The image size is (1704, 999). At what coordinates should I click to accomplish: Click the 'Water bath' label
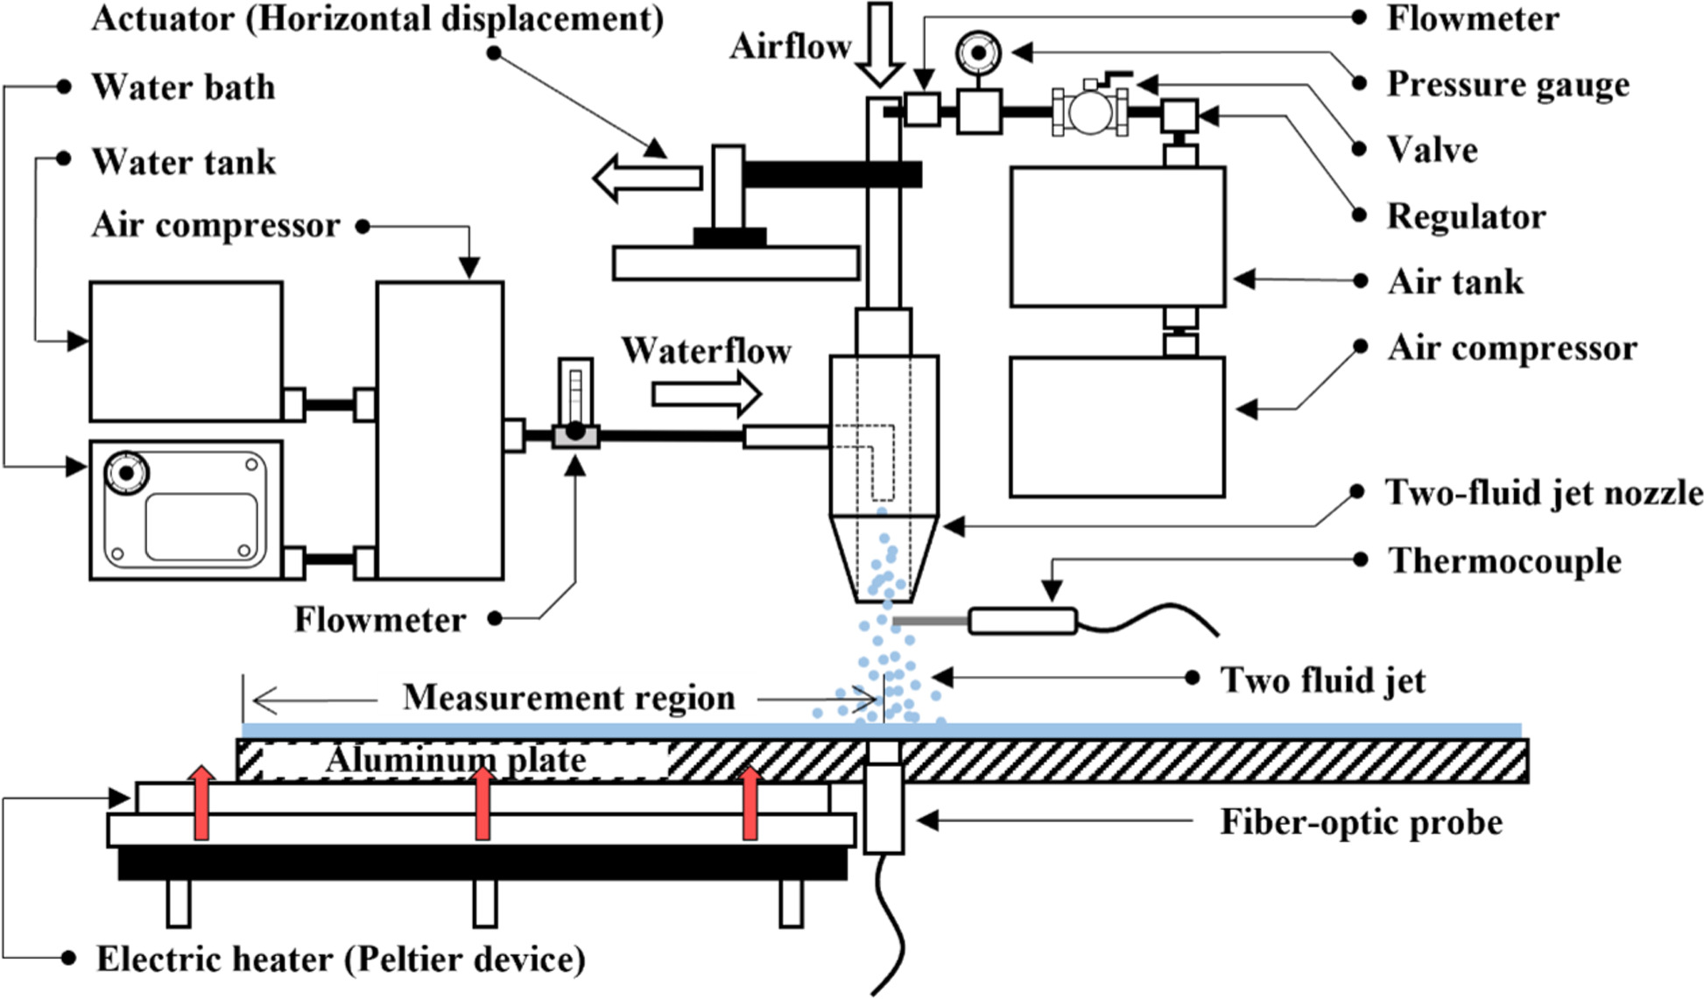[x=183, y=88]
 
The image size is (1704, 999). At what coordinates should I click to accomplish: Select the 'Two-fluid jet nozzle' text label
[x=1543, y=493]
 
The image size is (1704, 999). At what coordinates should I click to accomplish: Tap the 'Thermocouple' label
[x=1504, y=561]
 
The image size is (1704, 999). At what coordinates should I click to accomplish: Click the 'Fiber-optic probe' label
[x=1361, y=822]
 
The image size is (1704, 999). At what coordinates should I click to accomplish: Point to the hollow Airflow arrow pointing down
[x=879, y=44]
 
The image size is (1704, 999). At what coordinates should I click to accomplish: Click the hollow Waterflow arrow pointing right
[x=706, y=394]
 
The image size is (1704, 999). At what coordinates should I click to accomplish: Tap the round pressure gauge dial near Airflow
[x=978, y=53]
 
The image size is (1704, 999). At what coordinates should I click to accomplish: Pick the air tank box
[x=1116, y=236]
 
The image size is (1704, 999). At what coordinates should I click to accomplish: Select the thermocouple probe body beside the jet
[x=1022, y=622]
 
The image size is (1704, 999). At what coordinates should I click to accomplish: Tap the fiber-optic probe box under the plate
[x=883, y=807]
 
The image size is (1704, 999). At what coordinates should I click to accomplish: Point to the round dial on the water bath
[x=126, y=472]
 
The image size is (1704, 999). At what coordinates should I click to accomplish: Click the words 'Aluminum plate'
[x=455, y=760]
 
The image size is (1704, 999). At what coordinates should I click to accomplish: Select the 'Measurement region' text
[x=568, y=698]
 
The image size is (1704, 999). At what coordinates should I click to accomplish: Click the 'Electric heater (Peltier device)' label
[x=340, y=959]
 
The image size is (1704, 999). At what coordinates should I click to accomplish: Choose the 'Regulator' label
[x=1466, y=217]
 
